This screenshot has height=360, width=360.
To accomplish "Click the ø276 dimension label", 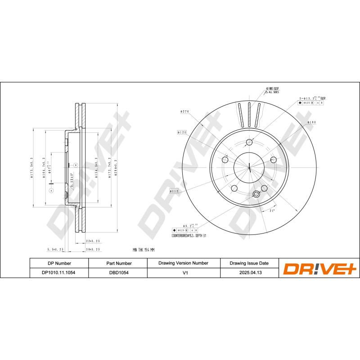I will pos(184,111).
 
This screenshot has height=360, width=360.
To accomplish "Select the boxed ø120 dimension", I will pos(182,133).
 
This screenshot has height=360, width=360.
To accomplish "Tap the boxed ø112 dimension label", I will pos(175,191).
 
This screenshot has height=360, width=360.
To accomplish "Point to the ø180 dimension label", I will pos(311,122).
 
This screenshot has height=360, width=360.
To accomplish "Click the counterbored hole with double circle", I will pos(256,194).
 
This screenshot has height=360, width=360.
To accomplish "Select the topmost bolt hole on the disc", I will pos(249,143).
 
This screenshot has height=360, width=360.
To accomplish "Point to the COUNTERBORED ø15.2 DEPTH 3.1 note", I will pos(189,235).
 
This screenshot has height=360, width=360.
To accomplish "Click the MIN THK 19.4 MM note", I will pos(144,249).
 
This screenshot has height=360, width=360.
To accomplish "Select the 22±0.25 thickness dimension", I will pos(92,241).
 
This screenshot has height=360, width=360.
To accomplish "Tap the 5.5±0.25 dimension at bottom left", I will pos(55,249).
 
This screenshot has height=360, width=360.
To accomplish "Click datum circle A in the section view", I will pos(51,191).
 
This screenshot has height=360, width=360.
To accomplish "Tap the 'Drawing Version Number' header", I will pos(183,263).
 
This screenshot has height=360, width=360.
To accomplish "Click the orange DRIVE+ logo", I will pos(319,268).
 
